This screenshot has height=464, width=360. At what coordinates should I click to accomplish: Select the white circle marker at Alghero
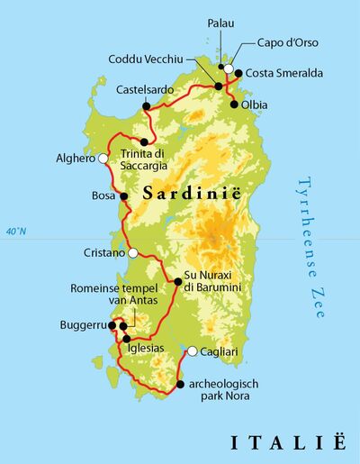(103, 158)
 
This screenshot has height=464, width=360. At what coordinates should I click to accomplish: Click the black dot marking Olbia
(235, 105)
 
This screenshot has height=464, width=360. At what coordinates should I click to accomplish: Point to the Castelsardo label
(146, 89)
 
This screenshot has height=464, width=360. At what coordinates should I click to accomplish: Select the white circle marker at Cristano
(133, 253)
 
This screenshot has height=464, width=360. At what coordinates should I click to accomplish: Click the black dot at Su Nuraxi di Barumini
(177, 282)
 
